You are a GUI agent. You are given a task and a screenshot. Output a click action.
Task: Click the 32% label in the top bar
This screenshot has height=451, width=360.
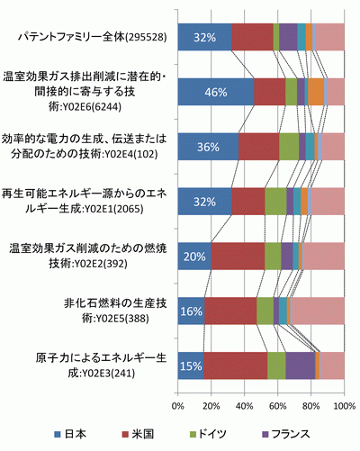click(204, 38)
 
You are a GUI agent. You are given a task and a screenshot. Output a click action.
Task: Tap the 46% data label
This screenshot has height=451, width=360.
click(216, 92)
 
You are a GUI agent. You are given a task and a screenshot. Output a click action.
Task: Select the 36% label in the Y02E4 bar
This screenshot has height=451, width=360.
click(208, 147)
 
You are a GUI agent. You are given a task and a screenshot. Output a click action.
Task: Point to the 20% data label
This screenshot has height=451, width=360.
click(194, 257)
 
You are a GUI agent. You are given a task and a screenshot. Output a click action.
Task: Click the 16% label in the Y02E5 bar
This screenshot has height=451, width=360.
click(191, 311)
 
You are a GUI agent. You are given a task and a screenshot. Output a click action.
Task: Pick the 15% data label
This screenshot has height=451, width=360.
click(191, 366)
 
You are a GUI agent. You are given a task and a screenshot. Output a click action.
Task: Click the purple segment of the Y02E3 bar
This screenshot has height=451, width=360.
click(301, 365)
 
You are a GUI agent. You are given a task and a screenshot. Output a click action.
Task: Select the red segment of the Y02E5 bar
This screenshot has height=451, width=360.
click(230, 311)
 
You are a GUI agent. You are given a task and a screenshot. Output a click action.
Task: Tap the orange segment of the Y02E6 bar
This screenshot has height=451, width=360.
click(316, 92)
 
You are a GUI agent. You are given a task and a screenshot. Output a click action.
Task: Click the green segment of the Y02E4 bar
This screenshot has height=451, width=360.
click(289, 147)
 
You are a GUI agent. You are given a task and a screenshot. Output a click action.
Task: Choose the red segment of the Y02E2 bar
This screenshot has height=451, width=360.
click(238, 257)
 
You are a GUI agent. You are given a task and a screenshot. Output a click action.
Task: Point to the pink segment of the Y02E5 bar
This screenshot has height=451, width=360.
click(319, 311)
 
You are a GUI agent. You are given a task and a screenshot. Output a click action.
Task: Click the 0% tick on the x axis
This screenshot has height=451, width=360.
click(178, 406)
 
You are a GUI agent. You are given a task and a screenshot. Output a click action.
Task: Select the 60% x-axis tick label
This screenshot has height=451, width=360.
click(278, 406)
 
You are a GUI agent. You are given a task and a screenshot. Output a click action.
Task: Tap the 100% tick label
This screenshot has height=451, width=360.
click(345, 406)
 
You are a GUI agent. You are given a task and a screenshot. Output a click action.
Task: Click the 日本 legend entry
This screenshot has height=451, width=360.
click(70, 434)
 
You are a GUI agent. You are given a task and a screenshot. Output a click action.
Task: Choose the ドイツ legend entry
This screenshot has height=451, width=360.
click(208, 434)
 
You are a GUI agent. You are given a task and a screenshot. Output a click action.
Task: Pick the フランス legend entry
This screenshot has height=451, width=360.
click(286, 434)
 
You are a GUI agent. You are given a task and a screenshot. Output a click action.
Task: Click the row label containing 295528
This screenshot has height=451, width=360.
click(93, 37)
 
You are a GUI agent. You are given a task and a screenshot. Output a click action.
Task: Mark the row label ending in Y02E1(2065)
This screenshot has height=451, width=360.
click(84, 202)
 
